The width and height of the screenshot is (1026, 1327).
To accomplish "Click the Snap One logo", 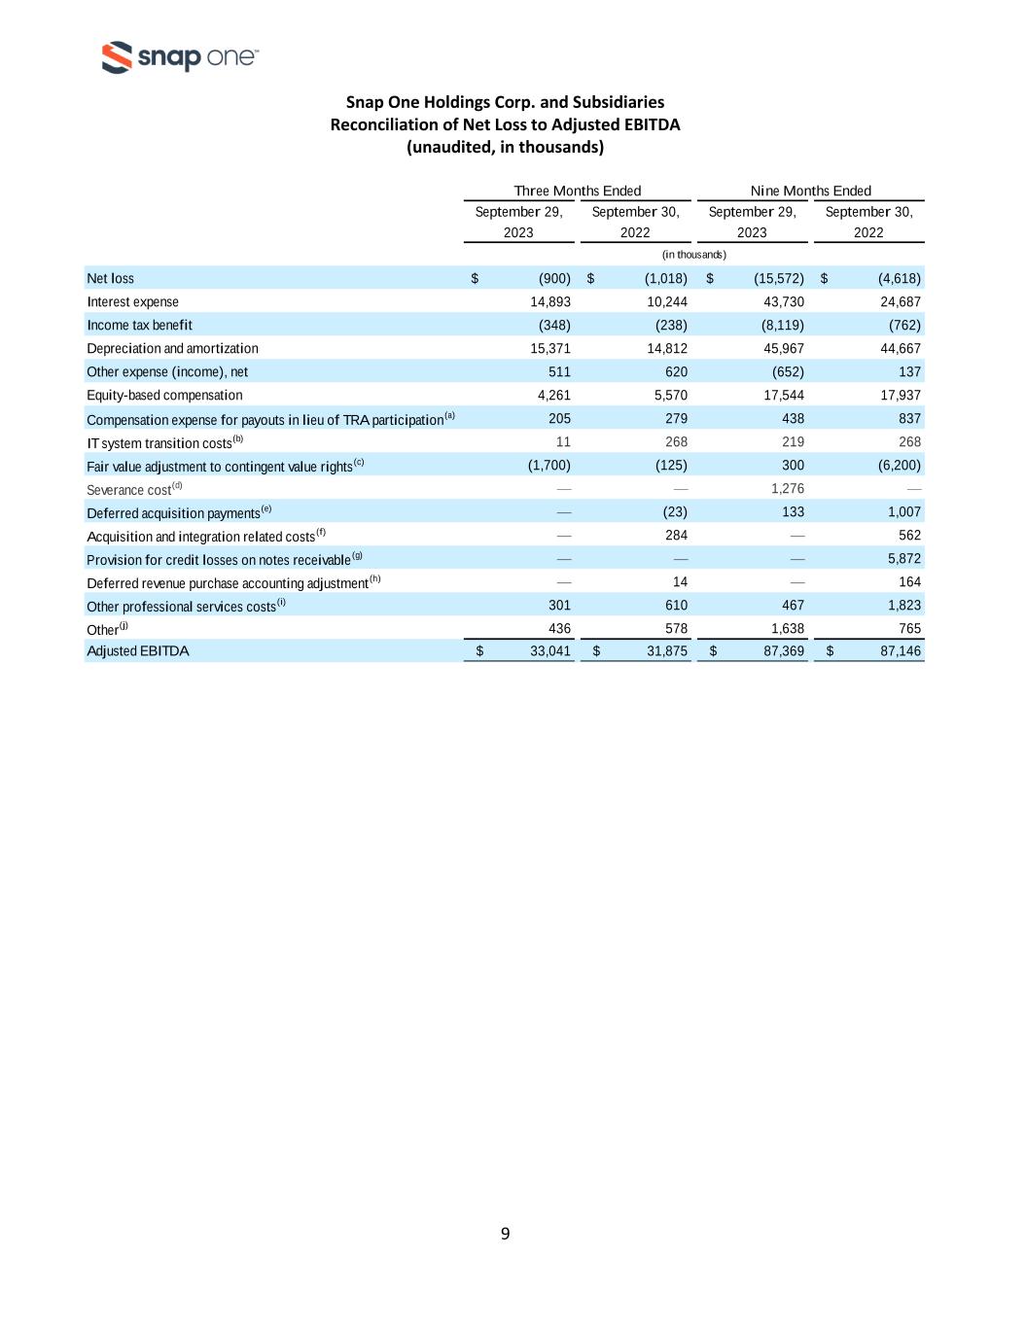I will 180,57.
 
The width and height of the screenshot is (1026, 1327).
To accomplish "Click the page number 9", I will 505,1234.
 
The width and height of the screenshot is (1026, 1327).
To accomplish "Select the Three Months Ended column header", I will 577,191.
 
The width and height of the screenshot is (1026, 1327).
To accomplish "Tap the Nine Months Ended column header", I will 810,191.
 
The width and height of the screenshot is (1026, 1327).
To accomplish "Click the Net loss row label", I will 111,279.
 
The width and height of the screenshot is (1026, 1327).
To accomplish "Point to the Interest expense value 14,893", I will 549,302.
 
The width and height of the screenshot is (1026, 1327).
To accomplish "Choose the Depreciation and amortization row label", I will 172,349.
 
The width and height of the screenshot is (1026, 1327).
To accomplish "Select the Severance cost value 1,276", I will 787,489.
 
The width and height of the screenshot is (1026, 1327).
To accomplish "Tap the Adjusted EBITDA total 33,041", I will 549,651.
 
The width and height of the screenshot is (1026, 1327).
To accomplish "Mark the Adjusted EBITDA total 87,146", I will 900,651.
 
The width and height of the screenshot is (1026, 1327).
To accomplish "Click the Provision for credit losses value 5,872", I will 903,559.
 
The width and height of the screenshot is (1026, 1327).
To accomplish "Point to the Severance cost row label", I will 128,490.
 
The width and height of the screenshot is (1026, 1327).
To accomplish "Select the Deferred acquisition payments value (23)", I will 674,512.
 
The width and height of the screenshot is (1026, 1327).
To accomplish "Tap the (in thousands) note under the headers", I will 693,255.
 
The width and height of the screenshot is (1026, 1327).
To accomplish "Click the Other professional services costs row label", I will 181,607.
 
